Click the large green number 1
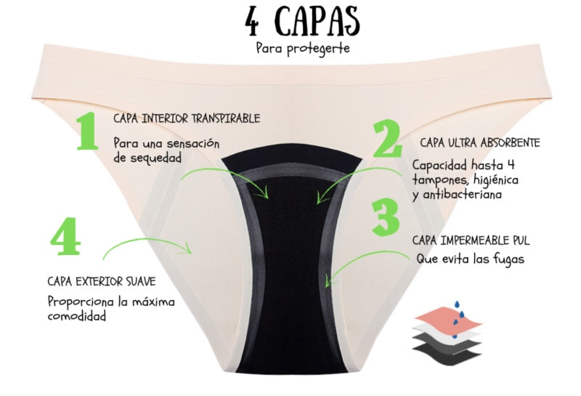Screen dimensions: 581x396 click(x=87, y=132)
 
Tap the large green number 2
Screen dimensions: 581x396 click(x=387, y=138)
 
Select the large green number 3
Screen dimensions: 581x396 click(x=386, y=217)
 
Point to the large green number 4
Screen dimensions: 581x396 click(x=65, y=236)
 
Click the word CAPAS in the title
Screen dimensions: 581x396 click(x=318, y=22)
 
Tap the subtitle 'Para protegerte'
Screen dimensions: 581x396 click(x=302, y=49)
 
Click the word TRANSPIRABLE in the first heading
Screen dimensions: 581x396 click(x=226, y=118)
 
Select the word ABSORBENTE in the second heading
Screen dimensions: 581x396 click(x=510, y=142)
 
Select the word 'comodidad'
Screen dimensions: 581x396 click(x=77, y=316)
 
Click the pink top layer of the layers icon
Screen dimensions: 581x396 click(x=448, y=318)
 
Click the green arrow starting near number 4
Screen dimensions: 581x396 click(x=147, y=241)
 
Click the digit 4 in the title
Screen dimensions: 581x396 click(x=252, y=22)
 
